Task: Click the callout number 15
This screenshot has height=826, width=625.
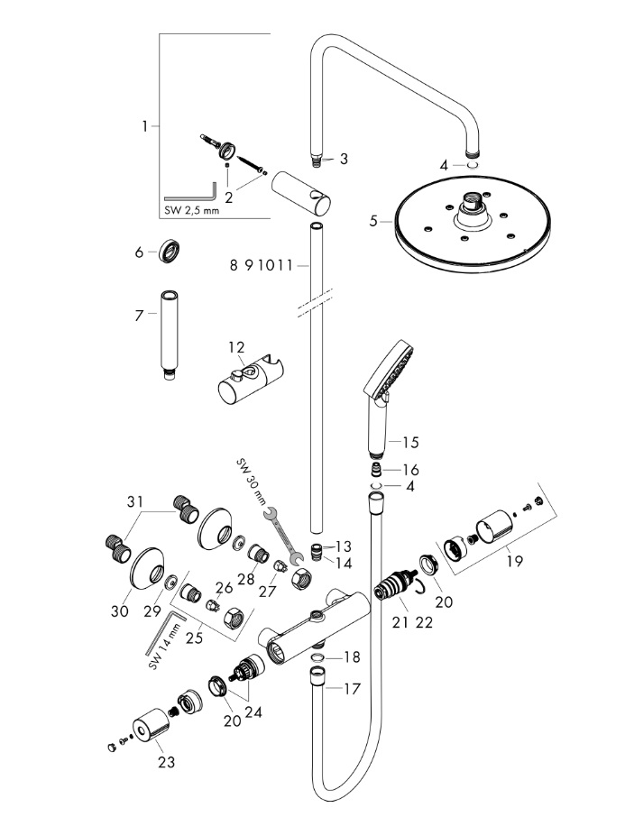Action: (x=411, y=442)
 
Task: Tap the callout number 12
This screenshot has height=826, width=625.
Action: (x=235, y=347)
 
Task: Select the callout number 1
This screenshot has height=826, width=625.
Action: (x=144, y=126)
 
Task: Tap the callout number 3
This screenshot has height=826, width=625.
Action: (x=343, y=160)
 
